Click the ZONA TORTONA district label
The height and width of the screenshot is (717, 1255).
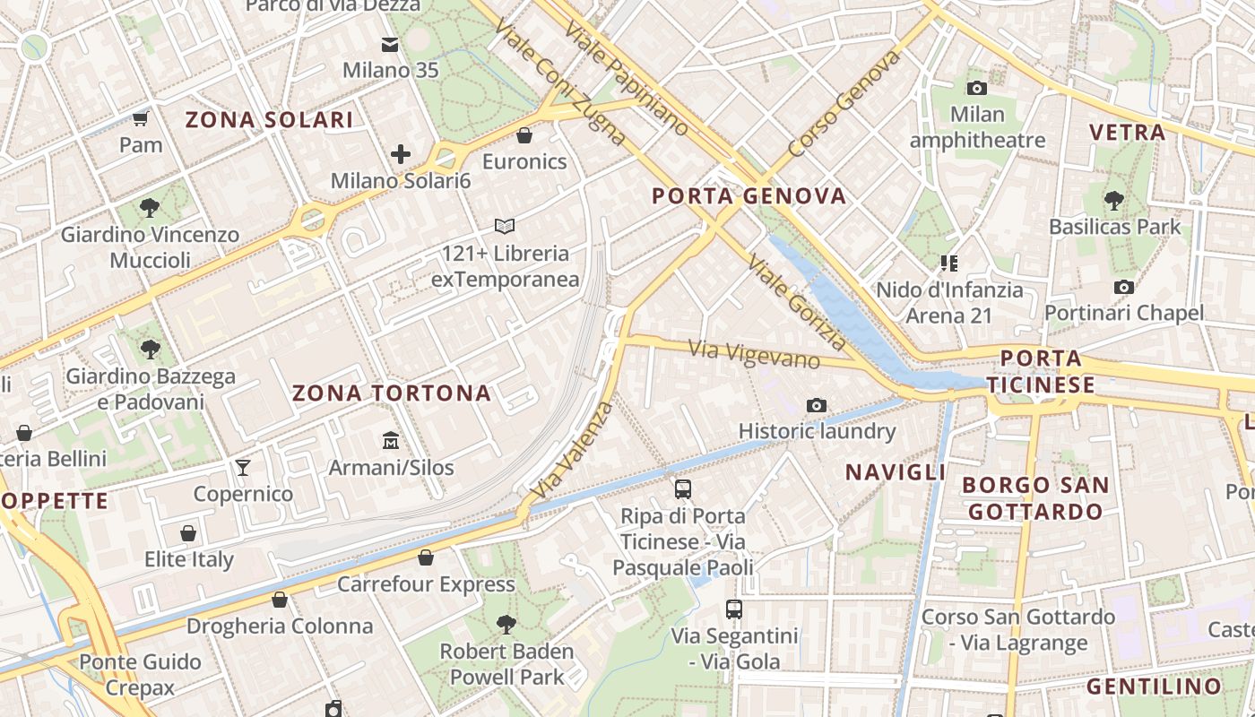point(392,393)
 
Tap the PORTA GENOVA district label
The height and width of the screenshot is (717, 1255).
point(749,196)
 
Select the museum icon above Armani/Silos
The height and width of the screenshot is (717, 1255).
point(391,440)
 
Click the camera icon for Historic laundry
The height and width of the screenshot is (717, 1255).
point(816,405)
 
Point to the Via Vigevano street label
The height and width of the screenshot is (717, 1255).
point(754,354)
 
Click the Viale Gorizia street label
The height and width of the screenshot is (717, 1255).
point(797,303)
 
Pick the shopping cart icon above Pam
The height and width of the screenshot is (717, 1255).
point(141,118)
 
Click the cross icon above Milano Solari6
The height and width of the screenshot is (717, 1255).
point(401,154)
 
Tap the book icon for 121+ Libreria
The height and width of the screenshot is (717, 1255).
point(505,227)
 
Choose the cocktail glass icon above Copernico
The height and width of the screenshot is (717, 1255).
point(242,467)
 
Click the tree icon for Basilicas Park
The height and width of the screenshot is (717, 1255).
point(1114,200)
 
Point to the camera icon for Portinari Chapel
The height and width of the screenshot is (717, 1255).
point(1123,287)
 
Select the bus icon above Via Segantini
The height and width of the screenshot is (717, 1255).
point(734,609)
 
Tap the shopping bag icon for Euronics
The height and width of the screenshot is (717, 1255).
point(524,135)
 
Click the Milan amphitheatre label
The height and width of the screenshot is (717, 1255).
point(977,127)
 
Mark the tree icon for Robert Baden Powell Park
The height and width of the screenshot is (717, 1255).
point(506,624)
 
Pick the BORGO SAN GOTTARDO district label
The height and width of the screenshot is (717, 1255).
point(1035,498)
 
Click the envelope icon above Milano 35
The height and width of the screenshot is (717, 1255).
point(390,44)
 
